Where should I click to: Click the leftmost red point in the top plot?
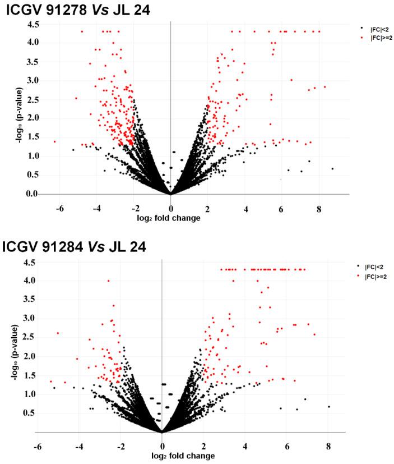point(54,142)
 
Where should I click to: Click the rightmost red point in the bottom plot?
point(314,334)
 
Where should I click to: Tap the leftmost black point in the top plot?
point(73,150)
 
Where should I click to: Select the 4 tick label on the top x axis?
point(245,206)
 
